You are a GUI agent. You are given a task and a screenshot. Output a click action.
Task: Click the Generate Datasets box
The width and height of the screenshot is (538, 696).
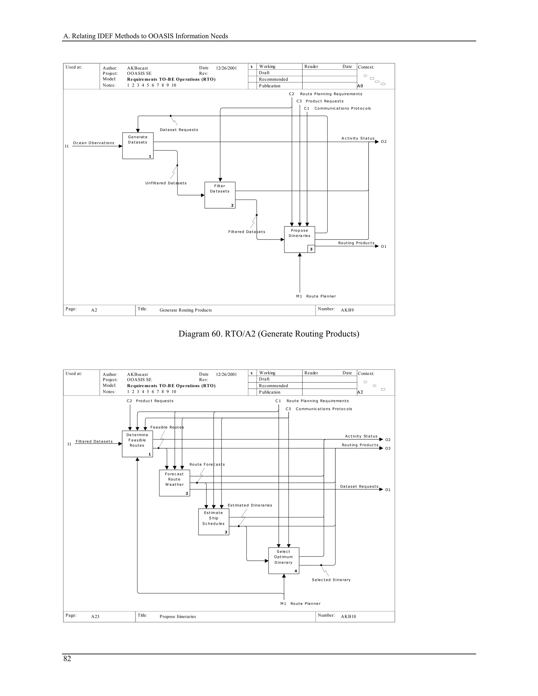tap(138, 146)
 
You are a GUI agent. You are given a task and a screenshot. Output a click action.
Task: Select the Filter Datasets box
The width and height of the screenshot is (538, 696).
tap(220, 195)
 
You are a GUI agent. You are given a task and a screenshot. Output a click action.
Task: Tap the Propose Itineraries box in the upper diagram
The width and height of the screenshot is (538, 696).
tap(299, 239)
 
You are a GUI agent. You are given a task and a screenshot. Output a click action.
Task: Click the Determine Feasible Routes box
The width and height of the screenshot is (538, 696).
tap(137, 444)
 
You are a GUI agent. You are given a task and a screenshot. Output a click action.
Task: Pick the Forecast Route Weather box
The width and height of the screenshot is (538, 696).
tap(174, 483)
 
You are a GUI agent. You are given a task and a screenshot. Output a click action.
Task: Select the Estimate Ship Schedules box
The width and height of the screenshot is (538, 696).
tap(214, 522)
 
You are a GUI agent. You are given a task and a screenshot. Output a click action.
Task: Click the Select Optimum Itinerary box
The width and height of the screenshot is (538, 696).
tap(283, 560)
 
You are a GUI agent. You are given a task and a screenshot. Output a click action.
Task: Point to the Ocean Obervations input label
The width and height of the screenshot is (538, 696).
tap(93, 143)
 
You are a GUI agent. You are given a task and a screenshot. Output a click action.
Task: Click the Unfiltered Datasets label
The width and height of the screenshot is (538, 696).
tap(166, 183)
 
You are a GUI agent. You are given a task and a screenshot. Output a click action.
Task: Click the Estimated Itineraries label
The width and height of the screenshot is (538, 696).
tap(250, 505)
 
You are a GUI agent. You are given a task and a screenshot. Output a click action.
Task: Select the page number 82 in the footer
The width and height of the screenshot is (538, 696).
tap(67, 658)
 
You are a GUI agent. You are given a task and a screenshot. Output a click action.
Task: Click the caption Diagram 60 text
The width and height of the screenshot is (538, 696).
tap(269, 334)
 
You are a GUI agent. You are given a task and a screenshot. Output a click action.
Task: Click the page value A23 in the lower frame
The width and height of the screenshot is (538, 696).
tap(95, 616)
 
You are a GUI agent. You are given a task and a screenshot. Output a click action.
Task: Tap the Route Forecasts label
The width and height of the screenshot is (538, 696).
tap(207, 464)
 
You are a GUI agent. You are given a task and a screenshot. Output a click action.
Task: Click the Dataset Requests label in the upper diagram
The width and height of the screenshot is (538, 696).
tap(179, 130)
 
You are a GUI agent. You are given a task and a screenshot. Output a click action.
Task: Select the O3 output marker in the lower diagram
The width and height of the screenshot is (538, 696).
tap(387, 448)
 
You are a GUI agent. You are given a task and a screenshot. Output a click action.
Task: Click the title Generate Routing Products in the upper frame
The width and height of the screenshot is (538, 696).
tap(185, 310)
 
